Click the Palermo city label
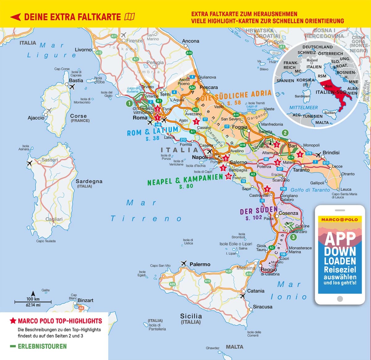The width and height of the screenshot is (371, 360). click(x=200, y=264)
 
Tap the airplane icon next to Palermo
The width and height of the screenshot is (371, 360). click(x=184, y=263)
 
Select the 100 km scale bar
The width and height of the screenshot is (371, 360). click(x=33, y=301)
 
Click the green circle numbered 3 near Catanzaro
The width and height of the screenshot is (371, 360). click(x=293, y=237)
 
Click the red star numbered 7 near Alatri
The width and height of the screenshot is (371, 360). click(x=196, y=122)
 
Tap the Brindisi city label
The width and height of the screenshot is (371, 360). click(x=331, y=153)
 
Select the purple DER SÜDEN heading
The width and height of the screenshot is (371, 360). click(x=258, y=211)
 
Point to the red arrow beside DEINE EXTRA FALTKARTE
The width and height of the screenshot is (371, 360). click(x=15, y=17)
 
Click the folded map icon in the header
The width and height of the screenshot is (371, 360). click(x=130, y=17)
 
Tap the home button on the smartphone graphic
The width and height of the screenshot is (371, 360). click(x=340, y=299)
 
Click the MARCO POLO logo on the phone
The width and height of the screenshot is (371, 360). click(x=340, y=219)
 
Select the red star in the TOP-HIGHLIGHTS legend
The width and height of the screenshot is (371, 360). click(x=13, y=321)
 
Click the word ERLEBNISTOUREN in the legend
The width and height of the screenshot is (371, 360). click(x=42, y=346)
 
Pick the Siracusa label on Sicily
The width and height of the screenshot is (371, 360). click(x=262, y=307)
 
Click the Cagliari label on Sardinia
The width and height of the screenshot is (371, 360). click(x=54, y=219)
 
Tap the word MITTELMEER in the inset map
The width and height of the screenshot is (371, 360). click(x=303, y=107)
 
